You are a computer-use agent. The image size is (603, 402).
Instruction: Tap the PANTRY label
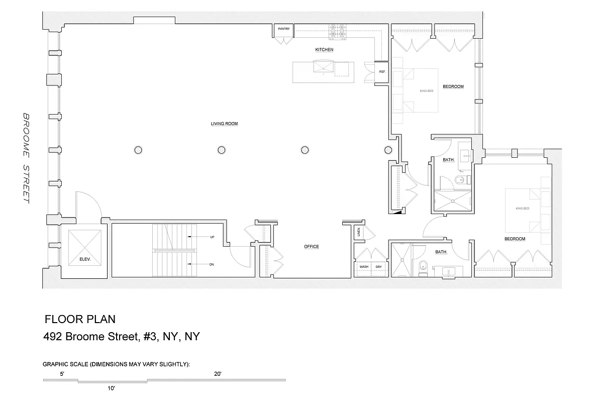tap(284, 29)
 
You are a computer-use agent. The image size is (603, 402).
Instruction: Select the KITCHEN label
tap(324, 50)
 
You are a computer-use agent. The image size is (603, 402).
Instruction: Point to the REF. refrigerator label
tap(382, 72)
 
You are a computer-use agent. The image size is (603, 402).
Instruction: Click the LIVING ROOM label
tap(224, 124)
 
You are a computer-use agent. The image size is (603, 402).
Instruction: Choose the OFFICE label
tap(312, 247)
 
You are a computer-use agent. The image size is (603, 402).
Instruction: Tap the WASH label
tap(364, 267)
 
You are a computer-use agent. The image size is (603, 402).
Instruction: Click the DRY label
tap(379, 267)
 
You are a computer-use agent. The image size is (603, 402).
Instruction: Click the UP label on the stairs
tap(212, 237)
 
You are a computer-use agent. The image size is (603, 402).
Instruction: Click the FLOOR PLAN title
tap(80, 319)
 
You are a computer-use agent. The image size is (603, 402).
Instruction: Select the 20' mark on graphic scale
tap(218, 374)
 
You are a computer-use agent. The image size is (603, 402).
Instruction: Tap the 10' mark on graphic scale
tap(111, 388)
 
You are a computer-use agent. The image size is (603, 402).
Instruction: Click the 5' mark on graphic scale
tap(62, 374)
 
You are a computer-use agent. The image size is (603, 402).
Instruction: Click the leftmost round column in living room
tap(138, 149)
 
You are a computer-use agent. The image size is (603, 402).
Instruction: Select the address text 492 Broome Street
tap(122, 336)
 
